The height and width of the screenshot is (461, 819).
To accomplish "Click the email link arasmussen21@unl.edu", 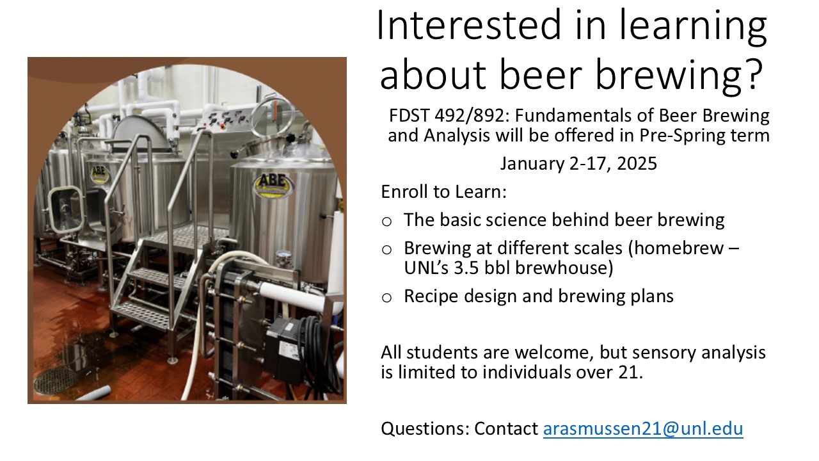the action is point(643,429).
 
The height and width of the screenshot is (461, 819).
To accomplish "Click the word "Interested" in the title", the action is point(468,25).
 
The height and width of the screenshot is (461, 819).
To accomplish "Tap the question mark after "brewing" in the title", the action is point(754,74).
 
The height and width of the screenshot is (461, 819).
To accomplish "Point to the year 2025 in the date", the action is point(637,163).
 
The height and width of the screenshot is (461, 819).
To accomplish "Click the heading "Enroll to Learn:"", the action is point(444,191).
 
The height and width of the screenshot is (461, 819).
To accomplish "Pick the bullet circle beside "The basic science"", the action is point(386,222).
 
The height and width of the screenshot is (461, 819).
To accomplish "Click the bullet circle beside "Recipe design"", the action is point(386,298).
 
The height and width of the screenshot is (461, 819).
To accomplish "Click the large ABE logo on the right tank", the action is point(273,186).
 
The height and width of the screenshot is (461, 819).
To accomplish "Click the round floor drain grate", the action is point(56,380).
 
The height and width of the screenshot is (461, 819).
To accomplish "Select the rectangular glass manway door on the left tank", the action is point(66,210).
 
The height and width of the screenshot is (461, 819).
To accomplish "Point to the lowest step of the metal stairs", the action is point(141,316).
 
